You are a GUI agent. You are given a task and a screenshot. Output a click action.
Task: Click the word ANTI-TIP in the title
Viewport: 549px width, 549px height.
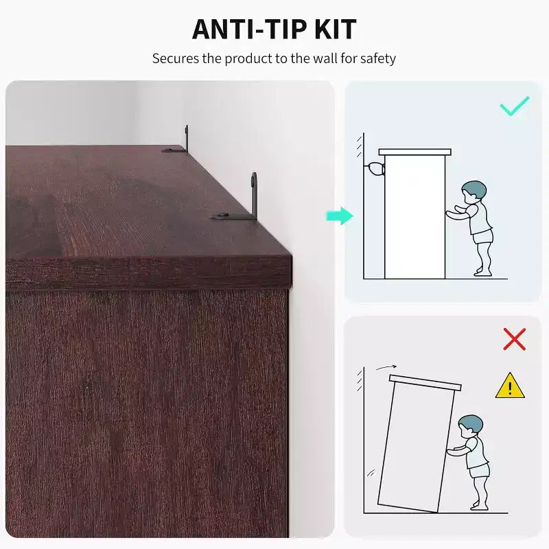[x=249, y=30]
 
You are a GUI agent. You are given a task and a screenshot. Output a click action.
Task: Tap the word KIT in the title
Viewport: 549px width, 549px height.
[x=336, y=30]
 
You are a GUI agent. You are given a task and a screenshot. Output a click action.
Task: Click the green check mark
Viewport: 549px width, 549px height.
[x=514, y=106]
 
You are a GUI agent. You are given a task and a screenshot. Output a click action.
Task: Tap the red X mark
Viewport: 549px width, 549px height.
[x=514, y=339]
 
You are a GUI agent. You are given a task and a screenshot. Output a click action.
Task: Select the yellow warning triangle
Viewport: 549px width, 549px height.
[x=510, y=386]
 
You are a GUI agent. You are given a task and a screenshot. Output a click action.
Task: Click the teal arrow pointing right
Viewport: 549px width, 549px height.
[x=340, y=215]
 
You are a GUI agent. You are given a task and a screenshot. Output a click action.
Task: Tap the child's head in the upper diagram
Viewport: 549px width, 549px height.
[x=474, y=192]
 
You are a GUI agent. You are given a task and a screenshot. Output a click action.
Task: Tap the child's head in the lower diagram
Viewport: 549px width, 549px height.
[x=470, y=426]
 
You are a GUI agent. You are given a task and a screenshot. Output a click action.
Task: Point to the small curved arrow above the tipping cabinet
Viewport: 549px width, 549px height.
[x=386, y=367]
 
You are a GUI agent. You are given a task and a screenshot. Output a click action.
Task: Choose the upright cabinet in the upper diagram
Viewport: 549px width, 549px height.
[x=415, y=214]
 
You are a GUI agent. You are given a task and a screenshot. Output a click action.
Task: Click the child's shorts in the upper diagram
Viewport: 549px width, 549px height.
[x=483, y=236]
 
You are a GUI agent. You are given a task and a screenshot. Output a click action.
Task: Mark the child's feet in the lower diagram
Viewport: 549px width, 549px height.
[x=479, y=506]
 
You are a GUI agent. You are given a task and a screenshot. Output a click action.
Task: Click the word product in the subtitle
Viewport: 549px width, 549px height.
[x=248, y=58]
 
